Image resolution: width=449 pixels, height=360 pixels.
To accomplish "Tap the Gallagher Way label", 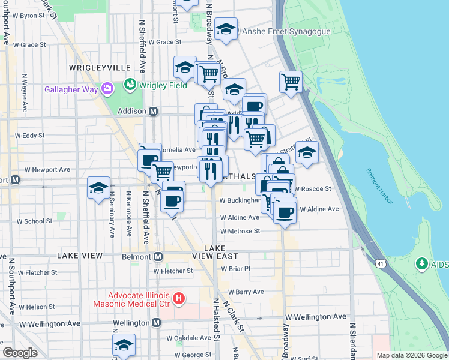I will pos(71,89).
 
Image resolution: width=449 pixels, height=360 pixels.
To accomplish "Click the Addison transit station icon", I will pos(153,111).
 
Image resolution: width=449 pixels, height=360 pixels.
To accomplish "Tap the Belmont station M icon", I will pos(158,257).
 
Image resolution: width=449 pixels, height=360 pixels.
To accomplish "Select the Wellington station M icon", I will pos(156,323).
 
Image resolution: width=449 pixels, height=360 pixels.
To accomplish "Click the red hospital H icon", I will pos(178,298).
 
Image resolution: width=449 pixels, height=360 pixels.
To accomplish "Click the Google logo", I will pos(20,353).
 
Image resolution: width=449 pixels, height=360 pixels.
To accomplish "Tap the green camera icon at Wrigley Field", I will pos(130,85).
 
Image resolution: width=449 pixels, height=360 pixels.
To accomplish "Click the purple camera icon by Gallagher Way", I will pos(108,89).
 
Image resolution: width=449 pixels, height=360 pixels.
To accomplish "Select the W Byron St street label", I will pos(24,16).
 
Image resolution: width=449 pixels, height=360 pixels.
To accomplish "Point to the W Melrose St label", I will pos(240,231).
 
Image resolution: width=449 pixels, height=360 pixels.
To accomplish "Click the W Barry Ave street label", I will pos(242,292).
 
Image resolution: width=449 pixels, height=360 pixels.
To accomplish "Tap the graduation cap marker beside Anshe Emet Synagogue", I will pos(226,29).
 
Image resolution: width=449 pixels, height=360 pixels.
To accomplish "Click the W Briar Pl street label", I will pos(235,269).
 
